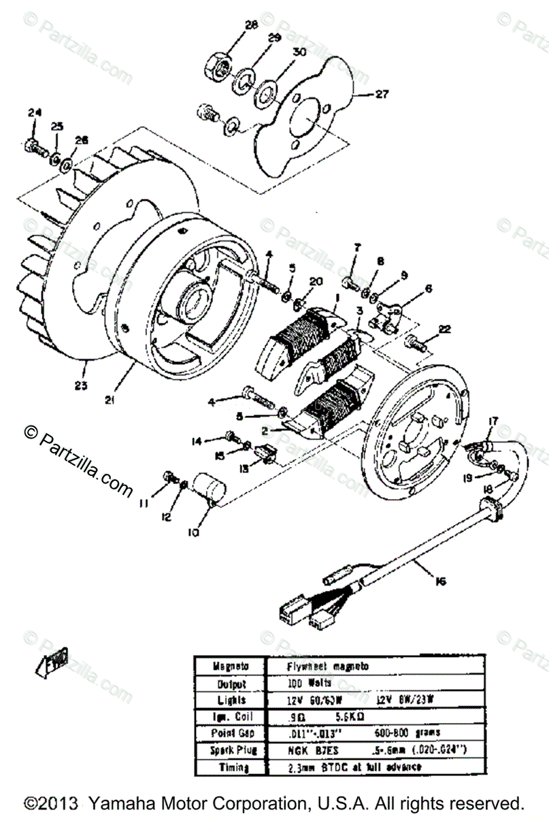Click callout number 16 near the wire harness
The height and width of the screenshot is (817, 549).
click(442, 581)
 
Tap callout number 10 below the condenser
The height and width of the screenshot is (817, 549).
click(194, 533)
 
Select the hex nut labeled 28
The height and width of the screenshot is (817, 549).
click(220, 65)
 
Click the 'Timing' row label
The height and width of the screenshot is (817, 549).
click(220, 767)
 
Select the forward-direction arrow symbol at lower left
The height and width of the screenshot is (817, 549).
click(52, 661)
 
